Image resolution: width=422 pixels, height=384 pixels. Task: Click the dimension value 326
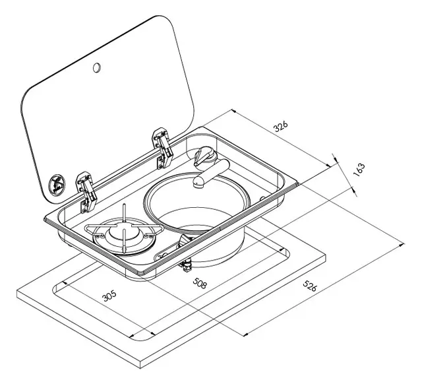click(281, 126)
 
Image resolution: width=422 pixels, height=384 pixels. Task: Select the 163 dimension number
click(359, 170)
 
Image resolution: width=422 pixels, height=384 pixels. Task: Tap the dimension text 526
click(309, 286)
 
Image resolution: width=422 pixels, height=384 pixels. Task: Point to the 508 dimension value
click(200, 283)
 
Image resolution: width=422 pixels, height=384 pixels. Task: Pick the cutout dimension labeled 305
click(109, 296)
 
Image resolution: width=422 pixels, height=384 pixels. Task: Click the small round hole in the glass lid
click(97, 67)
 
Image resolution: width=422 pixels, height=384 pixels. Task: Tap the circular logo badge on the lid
click(57, 185)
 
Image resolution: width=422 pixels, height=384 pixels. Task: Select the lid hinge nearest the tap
click(162, 148)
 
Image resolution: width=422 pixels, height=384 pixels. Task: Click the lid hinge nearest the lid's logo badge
click(86, 192)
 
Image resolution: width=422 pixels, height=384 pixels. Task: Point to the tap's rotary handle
click(204, 156)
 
